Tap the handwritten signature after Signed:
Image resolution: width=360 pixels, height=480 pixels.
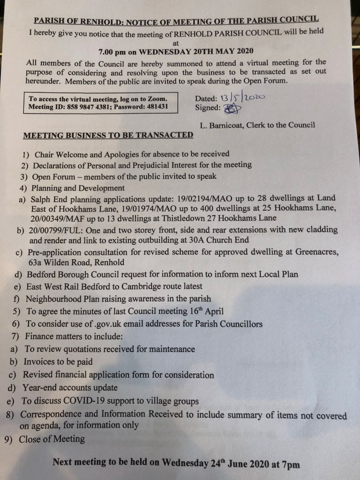(x=230, y=108)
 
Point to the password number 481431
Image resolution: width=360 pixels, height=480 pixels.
(x=154, y=107)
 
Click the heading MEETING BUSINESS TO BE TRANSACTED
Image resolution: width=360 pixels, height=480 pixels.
(x=108, y=135)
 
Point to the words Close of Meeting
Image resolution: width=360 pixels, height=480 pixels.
(x=52, y=439)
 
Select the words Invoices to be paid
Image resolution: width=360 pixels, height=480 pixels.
(x=58, y=362)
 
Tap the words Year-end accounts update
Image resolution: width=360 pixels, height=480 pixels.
(x=70, y=388)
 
